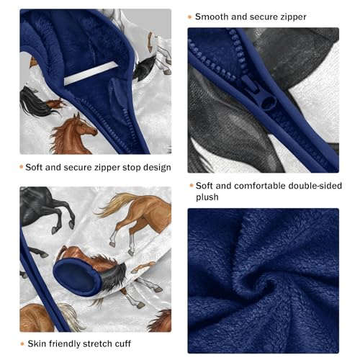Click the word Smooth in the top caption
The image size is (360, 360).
tap(214, 16)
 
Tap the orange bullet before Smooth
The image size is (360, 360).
tap(189, 16)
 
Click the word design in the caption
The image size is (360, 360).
tap(153, 168)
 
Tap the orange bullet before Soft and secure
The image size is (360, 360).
tap(22, 168)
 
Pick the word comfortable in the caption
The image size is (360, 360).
tap(256, 184)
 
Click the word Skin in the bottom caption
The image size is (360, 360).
tap(40, 343)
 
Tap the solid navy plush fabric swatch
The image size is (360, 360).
tap(263, 281)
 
